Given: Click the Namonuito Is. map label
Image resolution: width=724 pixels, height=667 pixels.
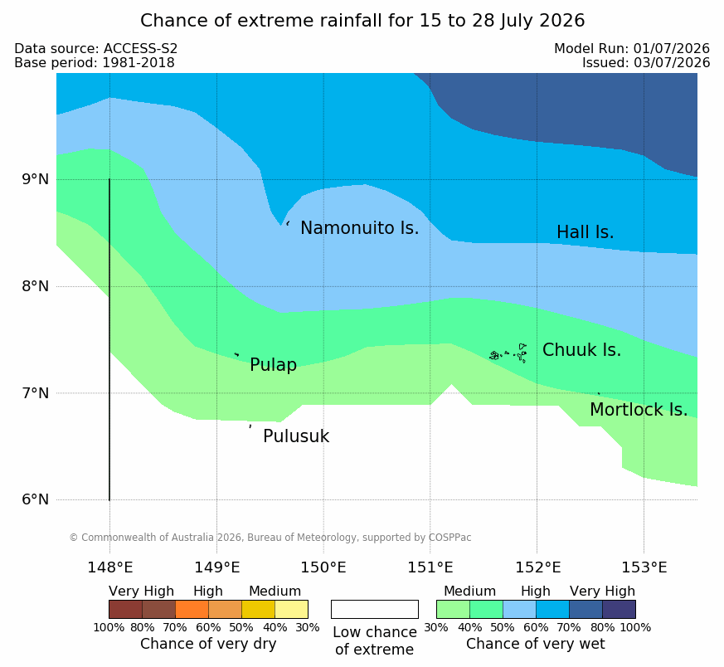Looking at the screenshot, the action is click(x=360, y=227).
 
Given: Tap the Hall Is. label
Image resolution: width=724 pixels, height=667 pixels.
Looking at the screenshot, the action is click(x=585, y=232).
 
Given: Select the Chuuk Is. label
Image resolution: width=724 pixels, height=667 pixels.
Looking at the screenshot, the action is click(x=581, y=350).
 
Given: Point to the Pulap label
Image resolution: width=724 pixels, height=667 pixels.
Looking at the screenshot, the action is click(x=273, y=365).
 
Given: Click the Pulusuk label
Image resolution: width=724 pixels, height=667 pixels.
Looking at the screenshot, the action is click(x=296, y=436).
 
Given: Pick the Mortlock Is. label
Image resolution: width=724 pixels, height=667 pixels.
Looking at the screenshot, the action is click(x=639, y=409).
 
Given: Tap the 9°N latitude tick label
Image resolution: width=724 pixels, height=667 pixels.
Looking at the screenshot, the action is click(x=35, y=179).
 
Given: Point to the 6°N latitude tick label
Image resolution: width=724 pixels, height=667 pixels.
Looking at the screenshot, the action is click(x=35, y=499).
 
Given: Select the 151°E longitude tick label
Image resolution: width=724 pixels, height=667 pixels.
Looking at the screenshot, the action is click(x=430, y=567).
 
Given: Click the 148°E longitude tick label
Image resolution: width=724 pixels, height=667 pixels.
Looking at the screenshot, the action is click(x=110, y=567).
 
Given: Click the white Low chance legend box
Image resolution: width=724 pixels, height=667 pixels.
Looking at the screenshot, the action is click(x=375, y=609).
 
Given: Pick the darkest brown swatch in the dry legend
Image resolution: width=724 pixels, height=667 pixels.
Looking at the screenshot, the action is click(x=125, y=609).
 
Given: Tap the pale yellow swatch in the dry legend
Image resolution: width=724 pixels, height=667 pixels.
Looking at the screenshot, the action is click(x=291, y=609).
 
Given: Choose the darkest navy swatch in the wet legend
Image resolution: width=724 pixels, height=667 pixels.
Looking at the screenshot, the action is click(x=619, y=609).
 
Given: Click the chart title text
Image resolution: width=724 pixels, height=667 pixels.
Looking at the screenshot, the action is click(x=362, y=21).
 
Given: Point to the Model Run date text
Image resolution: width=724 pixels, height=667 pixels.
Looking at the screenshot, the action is click(x=632, y=48).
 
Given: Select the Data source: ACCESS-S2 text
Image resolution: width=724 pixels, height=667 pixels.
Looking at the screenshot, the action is click(x=96, y=48).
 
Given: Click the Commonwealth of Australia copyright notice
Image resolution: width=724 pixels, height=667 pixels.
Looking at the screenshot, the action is click(x=270, y=538).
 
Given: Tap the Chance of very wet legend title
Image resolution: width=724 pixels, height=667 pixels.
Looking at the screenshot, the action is click(x=535, y=644).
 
